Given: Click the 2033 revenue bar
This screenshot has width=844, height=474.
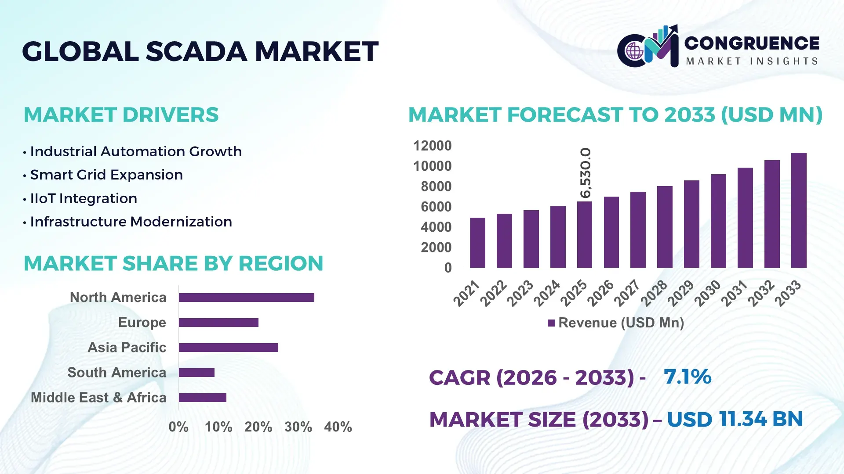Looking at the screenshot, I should [x=798, y=211].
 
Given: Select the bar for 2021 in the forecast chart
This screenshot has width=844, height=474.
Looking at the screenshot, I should [x=477, y=243].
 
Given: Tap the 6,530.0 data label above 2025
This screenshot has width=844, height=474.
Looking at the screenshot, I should [x=586, y=173].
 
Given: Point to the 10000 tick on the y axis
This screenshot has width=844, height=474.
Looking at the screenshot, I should [x=432, y=166].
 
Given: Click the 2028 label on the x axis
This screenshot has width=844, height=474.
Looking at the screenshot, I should [x=654, y=293].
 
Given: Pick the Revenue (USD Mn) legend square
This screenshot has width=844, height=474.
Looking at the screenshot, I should [x=551, y=323].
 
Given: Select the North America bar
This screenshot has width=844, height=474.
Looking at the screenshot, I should [x=246, y=298].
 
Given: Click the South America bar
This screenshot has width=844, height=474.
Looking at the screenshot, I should [x=196, y=373].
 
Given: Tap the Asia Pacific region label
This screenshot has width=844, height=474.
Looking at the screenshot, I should [x=127, y=348].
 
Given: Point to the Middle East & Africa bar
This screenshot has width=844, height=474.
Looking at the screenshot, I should [x=202, y=398].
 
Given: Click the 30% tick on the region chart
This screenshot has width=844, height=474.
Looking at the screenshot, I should [x=298, y=427].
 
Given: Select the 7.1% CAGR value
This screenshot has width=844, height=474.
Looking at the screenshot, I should [x=687, y=377].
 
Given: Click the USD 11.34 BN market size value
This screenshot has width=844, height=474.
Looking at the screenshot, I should [x=735, y=419].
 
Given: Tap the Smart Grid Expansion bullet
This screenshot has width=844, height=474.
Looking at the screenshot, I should [x=106, y=175].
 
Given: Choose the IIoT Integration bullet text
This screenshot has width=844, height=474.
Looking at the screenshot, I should [x=84, y=199].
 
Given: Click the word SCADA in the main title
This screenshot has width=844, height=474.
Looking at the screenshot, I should [x=196, y=52].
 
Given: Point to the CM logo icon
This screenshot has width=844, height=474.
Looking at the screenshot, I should [x=648, y=47].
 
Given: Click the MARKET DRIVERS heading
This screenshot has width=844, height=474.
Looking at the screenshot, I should [x=121, y=115].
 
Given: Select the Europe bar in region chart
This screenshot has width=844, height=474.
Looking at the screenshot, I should [x=218, y=323].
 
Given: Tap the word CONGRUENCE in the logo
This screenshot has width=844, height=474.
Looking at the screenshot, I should [x=751, y=43].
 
